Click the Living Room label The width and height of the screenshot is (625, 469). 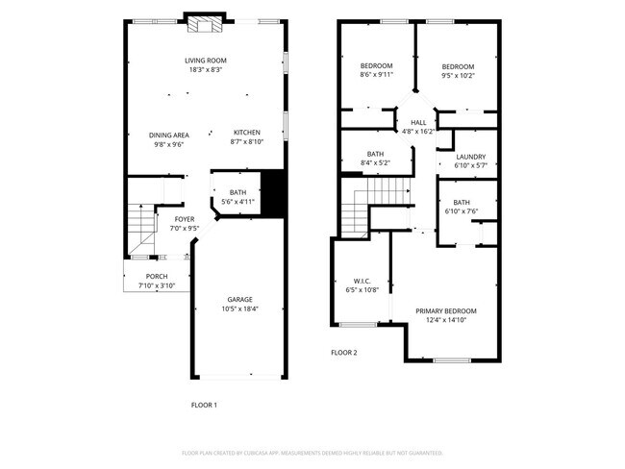coord(206,61)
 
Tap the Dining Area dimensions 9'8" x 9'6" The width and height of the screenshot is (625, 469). coord(167,145)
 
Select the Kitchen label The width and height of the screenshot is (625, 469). coord(247,132)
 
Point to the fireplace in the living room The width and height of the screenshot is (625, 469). coord(206,23)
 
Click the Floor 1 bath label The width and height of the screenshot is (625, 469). coord(237,192)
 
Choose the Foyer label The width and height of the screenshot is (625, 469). coord(184,219)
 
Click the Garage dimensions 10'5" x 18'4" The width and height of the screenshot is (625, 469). coord(239,309)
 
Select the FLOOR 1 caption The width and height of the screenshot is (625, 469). coord(204,405)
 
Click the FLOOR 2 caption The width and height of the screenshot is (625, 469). coord(344,353)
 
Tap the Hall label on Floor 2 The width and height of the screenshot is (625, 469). coord(418,123)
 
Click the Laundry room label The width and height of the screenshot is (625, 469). coord(470,157)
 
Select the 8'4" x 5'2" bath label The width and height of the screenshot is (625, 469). coord(375,154)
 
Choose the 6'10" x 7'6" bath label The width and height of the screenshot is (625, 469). coord(462,202)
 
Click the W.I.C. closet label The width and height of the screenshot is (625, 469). coord(362,282)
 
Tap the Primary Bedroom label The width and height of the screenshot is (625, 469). coord(446,310)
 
